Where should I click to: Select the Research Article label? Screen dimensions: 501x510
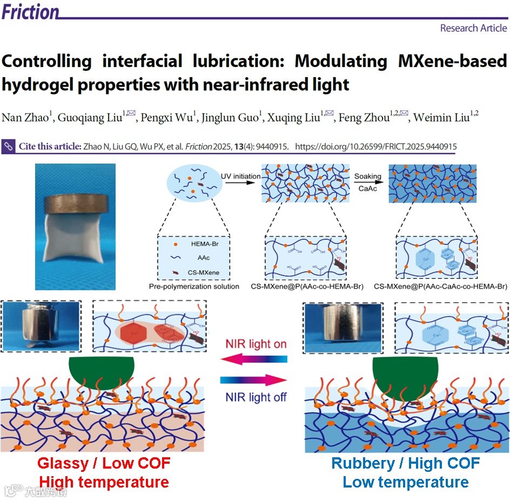[x=473, y=28]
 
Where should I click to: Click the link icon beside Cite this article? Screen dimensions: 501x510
[x=9, y=146]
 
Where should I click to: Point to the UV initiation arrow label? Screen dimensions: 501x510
[x=240, y=176]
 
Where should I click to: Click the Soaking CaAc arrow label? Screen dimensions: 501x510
[x=368, y=181]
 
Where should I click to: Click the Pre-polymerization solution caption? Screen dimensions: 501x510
[x=194, y=286]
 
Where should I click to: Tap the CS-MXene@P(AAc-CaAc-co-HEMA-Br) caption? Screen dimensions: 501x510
[x=441, y=286]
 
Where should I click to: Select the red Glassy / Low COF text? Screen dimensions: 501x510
[x=104, y=463]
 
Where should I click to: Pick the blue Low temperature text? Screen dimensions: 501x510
[x=405, y=482]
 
